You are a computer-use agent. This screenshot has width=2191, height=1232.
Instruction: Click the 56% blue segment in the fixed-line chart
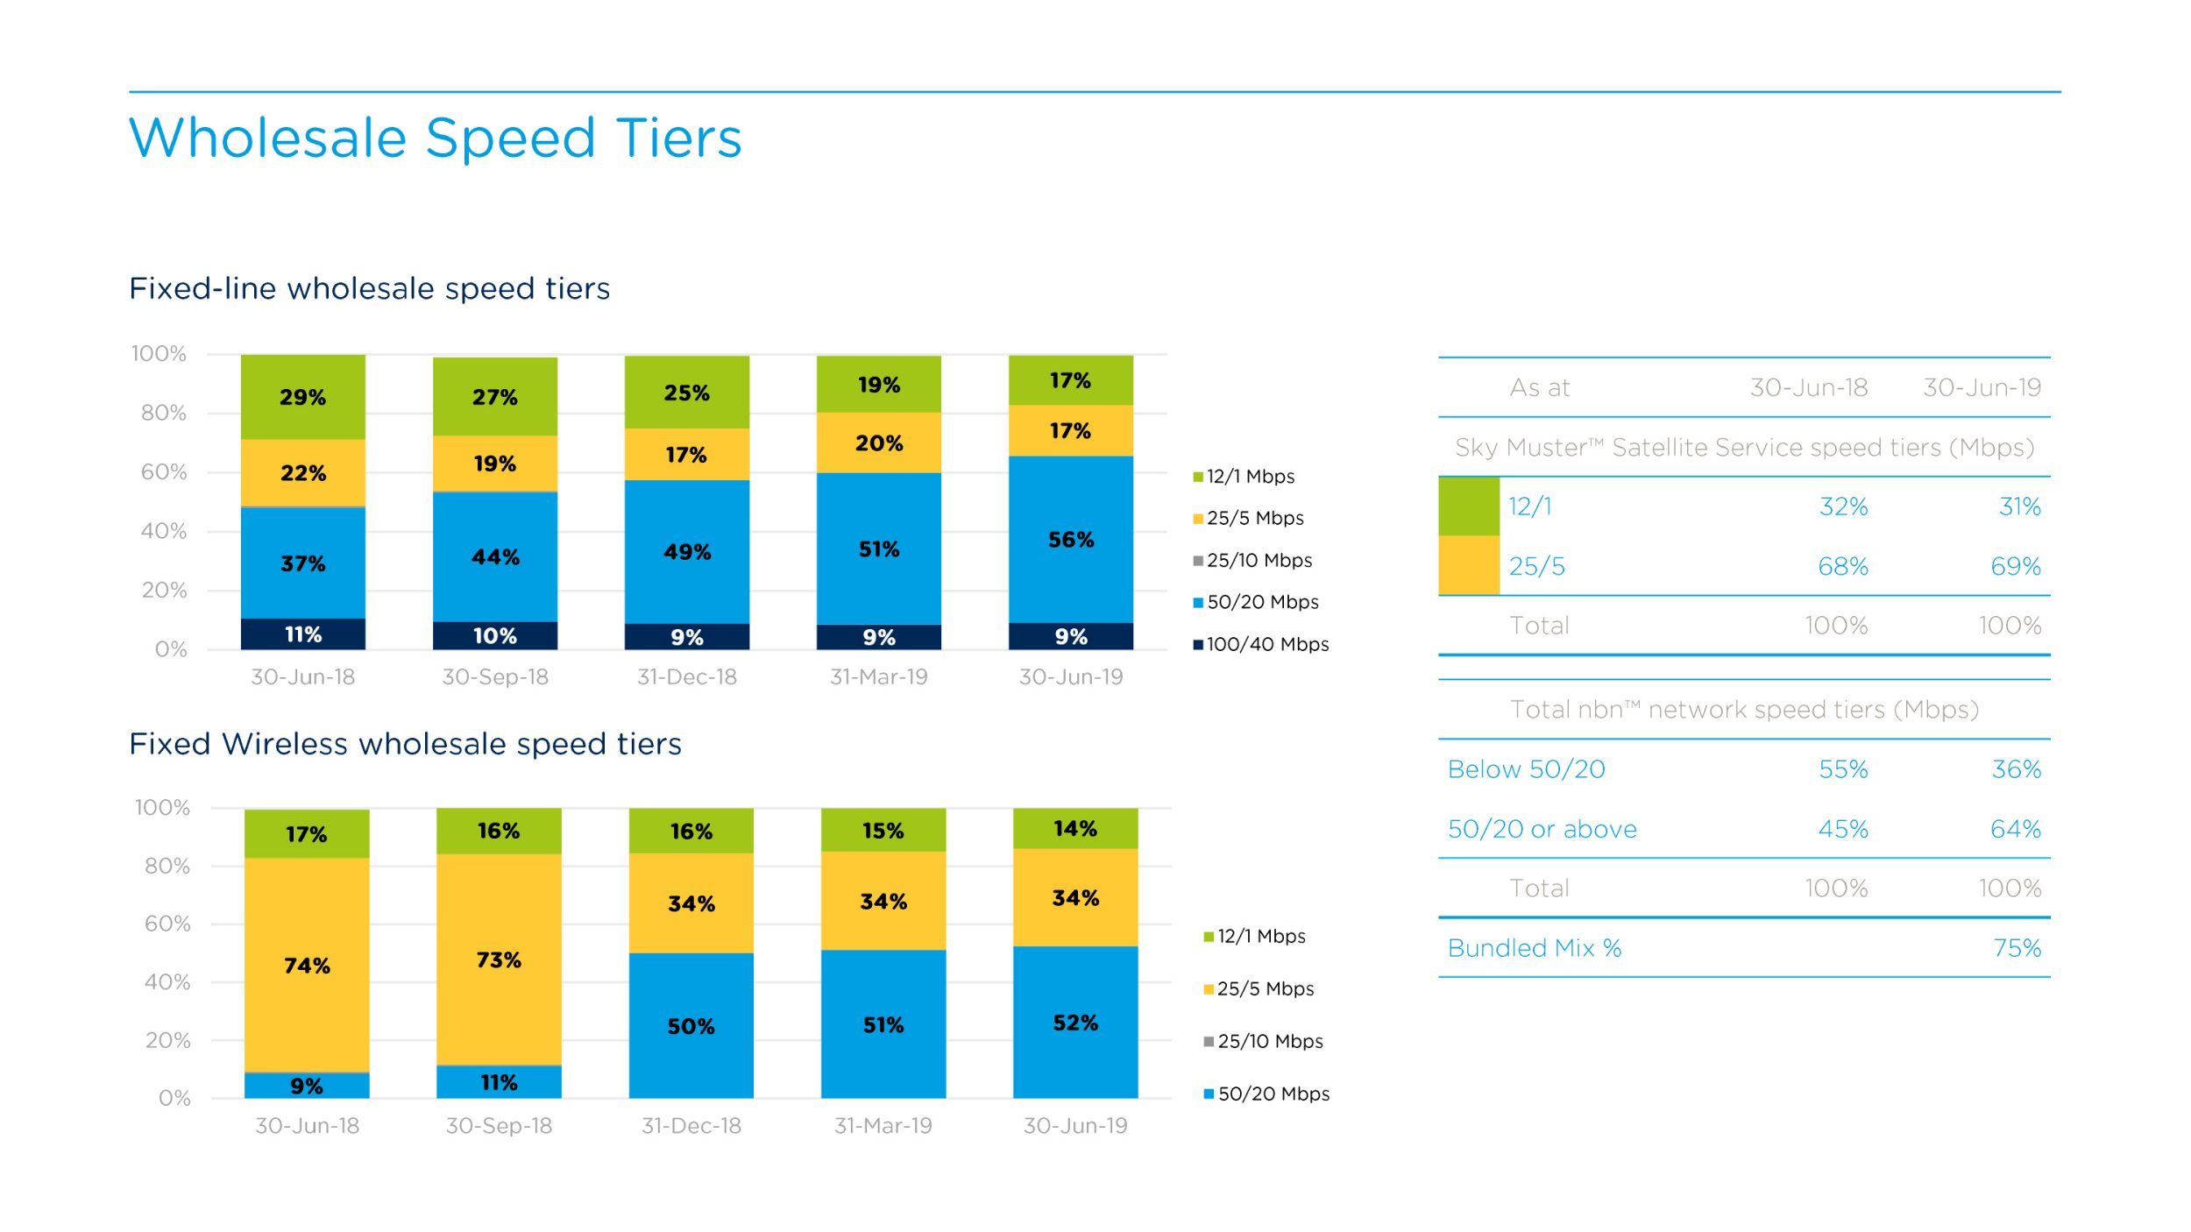click(1070, 539)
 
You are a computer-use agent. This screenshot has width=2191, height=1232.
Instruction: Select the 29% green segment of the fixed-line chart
click(302, 397)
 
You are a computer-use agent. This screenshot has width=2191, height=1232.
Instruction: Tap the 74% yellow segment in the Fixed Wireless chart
click(307, 965)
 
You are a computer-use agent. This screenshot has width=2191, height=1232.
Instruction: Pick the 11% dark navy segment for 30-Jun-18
click(302, 634)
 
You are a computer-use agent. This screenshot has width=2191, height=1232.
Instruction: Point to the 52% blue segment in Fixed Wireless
click(1075, 1022)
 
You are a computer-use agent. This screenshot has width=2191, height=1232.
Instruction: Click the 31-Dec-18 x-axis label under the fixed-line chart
click(686, 676)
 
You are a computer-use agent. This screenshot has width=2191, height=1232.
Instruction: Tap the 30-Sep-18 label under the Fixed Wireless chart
click(499, 1125)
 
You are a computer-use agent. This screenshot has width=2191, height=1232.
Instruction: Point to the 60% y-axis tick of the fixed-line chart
click(164, 472)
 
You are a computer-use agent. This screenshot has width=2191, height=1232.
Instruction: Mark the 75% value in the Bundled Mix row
click(2016, 948)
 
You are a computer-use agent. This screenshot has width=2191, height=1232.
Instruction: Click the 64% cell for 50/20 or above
click(2015, 829)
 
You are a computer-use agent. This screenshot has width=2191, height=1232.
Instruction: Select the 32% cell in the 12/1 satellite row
click(1843, 506)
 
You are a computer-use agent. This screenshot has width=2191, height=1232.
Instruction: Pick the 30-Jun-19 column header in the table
click(1982, 387)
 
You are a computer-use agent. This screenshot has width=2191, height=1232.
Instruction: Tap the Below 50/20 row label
click(1526, 769)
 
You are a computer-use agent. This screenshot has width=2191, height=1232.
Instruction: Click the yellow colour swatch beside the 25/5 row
click(1468, 565)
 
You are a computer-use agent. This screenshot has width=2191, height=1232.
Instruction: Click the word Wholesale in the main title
click(268, 138)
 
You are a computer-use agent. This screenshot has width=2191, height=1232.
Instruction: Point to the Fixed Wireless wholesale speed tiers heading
click(405, 744)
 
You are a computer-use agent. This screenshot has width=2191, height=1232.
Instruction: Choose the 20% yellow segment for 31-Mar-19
click(878, 443)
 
